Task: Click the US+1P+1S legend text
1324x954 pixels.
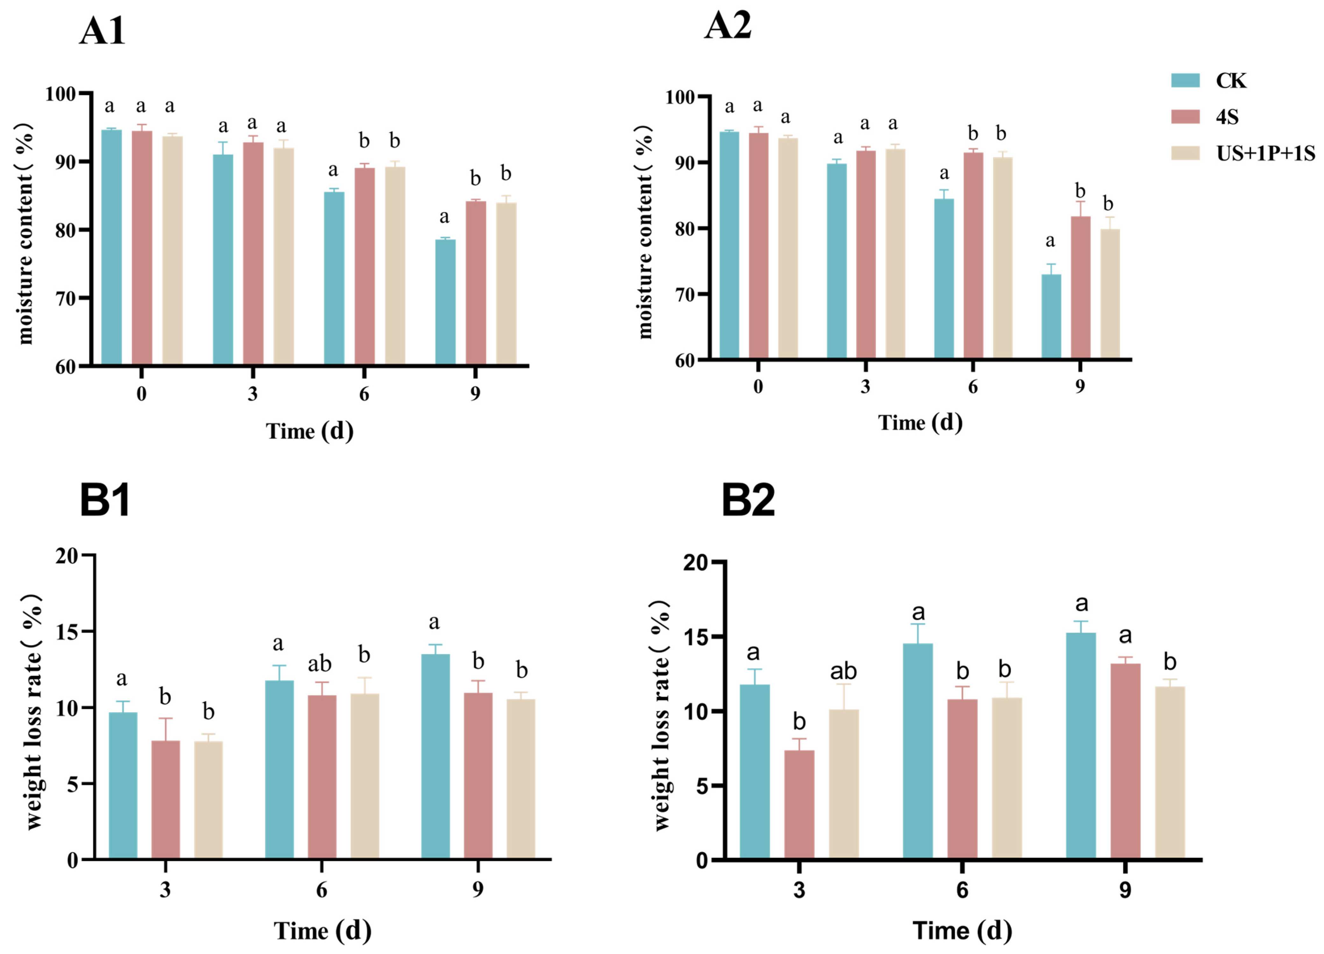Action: [1266, 154]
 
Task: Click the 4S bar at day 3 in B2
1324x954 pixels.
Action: [799, 805]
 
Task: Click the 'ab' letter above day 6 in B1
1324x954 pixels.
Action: [320, 664]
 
